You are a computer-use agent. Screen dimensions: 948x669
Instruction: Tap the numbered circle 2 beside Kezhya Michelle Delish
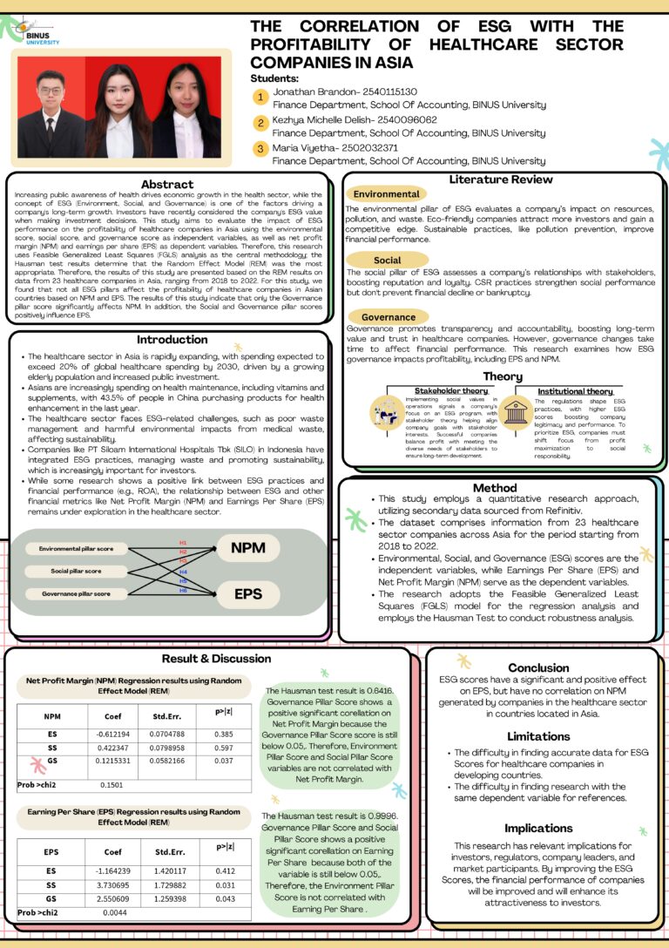(260, 122)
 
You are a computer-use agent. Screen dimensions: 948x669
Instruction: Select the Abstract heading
(167, 184)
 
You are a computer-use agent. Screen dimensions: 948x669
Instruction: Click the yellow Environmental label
(386, 193)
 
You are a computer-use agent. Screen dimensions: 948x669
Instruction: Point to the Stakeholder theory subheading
(450, 391)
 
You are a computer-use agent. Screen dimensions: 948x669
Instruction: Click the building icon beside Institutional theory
(516, 412)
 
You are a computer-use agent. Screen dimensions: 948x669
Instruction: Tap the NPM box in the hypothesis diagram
(248, 548)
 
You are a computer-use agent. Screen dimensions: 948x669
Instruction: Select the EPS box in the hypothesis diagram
(248, 595)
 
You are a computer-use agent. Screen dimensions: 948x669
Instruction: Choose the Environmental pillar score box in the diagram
(76, 548)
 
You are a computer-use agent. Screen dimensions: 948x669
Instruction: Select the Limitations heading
(538, 736)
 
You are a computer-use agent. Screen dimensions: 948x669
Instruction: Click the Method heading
(495, 487)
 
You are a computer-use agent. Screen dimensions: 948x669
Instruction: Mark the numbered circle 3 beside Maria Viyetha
(260, 149)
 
